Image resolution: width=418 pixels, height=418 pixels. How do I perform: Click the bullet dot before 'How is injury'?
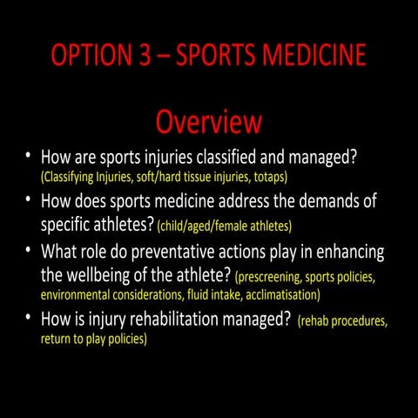tap(29, 319)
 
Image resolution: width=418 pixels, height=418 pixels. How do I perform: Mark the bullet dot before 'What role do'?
tap(29, 251)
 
